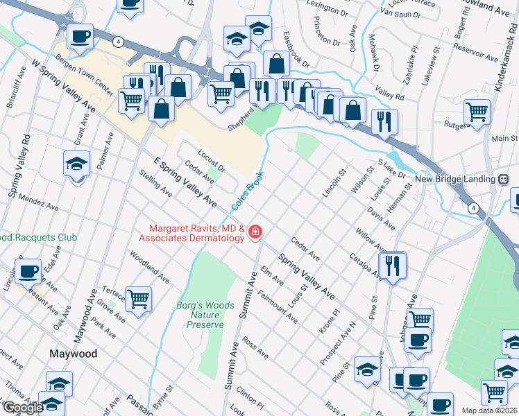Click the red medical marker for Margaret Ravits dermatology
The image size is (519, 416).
[x=255, y=232]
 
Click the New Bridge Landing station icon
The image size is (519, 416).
[x=504, y=179]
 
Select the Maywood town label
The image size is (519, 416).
[x=73, y=354]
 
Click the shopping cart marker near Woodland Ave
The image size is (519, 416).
[x=139, y=300]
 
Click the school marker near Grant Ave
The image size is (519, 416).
[x=77, y=164]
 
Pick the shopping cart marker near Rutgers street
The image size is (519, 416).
[x=477, y=112]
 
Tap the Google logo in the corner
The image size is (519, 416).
[x=22, y=408]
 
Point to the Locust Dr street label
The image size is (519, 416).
[x=212, y=159]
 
